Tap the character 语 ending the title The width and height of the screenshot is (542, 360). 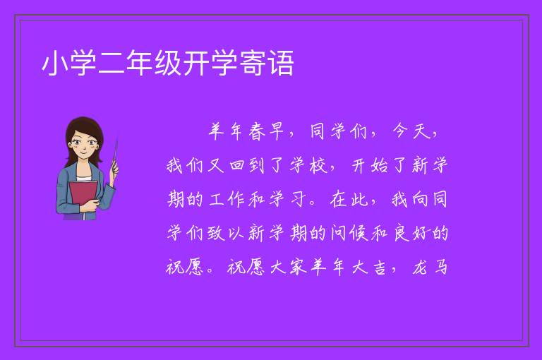[281, 63]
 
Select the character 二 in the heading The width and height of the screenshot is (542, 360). [112, 63]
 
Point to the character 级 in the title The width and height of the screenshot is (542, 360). [168, 63]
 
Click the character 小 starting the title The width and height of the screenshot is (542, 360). [54, 63]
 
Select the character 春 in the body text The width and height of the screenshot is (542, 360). [256, 132]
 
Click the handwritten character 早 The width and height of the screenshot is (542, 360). [277, 131]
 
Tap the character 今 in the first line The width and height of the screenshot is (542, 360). [400, 131]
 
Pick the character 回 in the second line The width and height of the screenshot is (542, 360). [237, 165]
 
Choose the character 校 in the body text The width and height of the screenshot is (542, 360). [318, 165]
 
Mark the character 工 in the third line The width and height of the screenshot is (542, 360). [217, 200]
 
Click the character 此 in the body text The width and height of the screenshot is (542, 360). [359, 199]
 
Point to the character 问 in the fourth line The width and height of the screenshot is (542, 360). [339, 234]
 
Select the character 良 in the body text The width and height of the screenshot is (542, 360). [401, 234]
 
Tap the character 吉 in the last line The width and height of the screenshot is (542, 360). [380, 268]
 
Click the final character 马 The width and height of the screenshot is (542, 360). [441, 267]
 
